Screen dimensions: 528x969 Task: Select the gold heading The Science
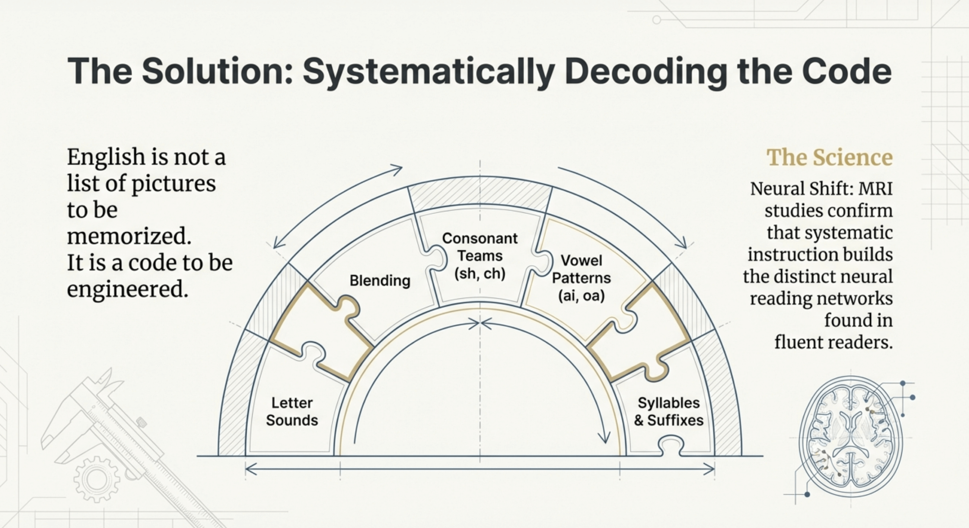tap(829, 157)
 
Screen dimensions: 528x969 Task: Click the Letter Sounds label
tap(292, 411)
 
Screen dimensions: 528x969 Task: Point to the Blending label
tap(380, 280)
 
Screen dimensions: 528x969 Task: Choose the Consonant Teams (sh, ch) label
tap(480, 256)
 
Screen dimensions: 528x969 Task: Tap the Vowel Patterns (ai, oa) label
tap(581, 278)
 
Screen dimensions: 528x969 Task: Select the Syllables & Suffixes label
tap(668, 411)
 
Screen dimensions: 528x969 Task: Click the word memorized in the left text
tap(129, 236)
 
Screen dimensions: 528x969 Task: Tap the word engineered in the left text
tap(128, 290)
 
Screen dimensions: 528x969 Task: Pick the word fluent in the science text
tap(799, 343)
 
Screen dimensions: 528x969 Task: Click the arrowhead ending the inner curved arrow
tap(605, 438)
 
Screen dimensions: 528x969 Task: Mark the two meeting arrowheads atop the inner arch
tap(480, 324)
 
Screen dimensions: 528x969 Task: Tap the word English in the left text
tap(106, 157)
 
